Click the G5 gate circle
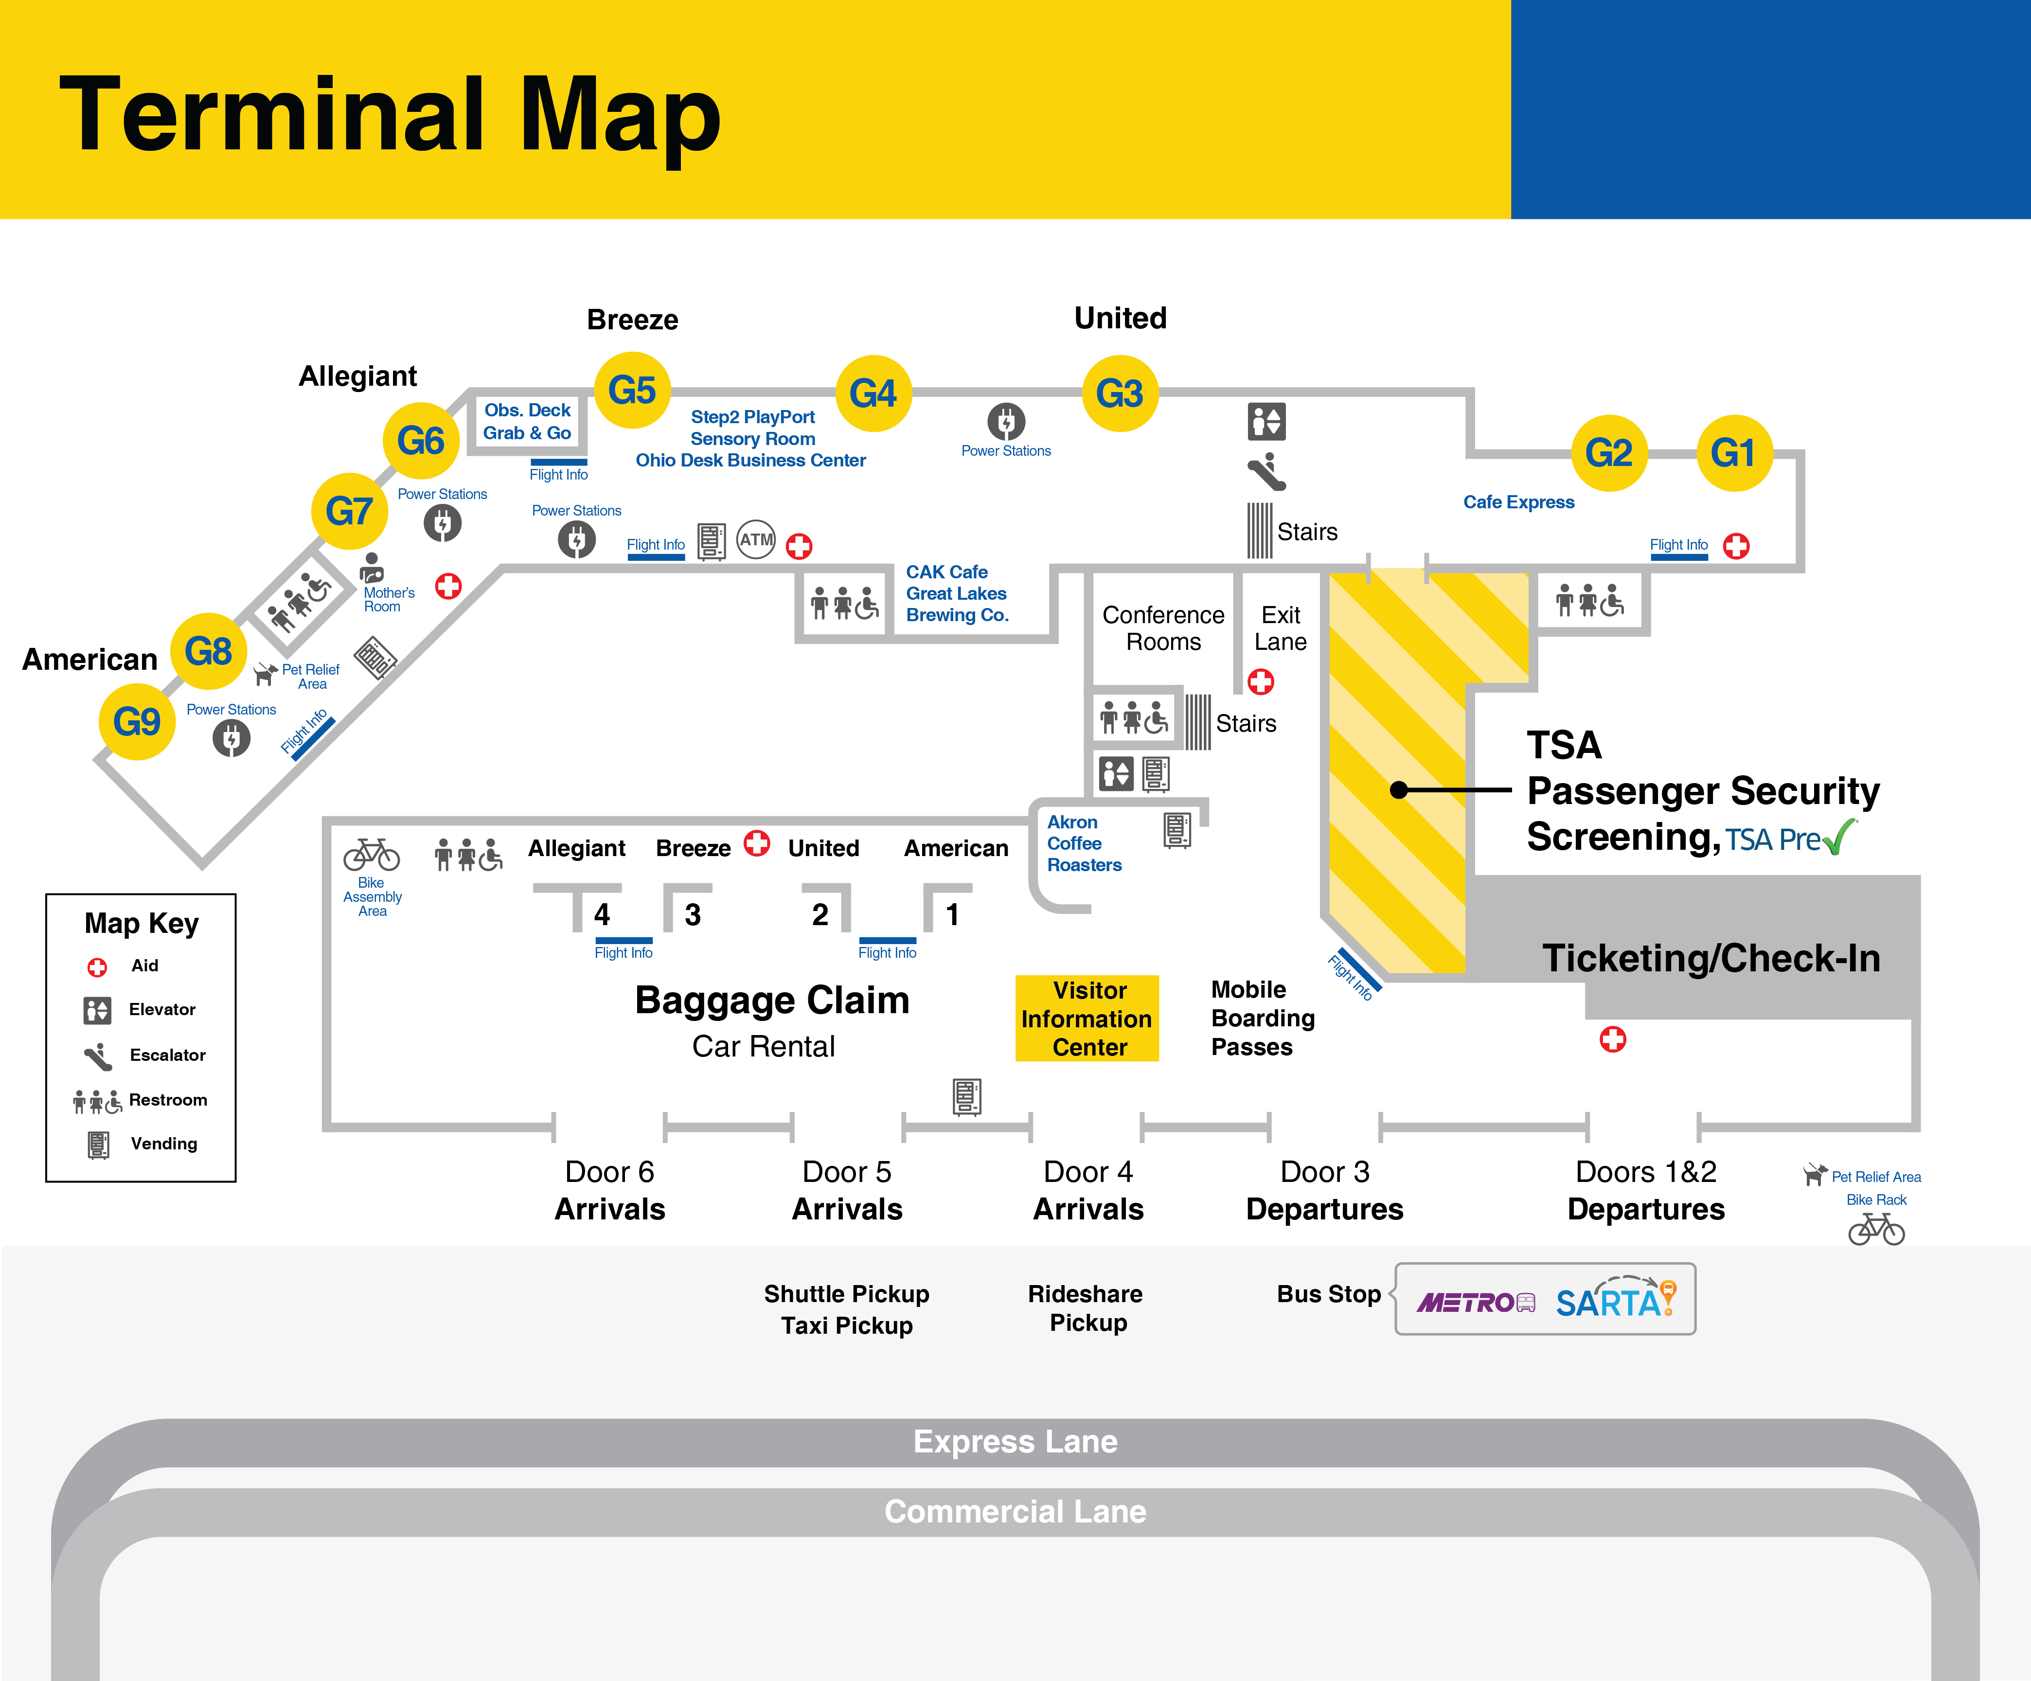point(632,391)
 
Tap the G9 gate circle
point(136,721)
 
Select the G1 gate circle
point(1733,453)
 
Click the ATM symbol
point(756,540)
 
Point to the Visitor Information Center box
point(1087,1019)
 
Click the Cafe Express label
point(1518,502)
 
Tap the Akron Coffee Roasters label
point(1083,843)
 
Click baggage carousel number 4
point(602,914)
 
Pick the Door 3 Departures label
point(1324,1191)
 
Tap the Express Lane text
point(1015,1441)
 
